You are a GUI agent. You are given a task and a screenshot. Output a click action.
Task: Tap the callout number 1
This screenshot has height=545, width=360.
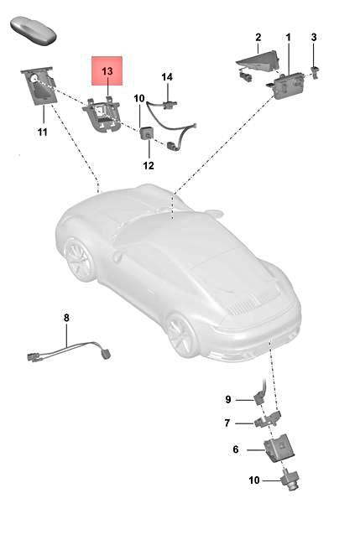288,38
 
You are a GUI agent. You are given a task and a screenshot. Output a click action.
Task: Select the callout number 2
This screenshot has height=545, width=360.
258,38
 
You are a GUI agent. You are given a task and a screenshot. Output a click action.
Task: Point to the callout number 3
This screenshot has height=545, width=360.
314,38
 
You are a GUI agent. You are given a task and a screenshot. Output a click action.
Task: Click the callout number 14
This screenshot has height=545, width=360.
167,77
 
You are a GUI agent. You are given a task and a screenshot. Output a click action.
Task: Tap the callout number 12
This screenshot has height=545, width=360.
149,165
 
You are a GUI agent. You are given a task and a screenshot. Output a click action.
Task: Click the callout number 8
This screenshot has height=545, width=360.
67,318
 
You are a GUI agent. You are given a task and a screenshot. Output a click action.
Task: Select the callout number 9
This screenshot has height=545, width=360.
227,399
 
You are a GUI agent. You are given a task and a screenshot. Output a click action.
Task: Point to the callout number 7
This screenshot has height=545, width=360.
227,423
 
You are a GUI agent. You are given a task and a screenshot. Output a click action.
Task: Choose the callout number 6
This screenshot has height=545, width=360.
236,450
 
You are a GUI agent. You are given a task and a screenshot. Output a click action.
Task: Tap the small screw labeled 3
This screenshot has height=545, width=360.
314,70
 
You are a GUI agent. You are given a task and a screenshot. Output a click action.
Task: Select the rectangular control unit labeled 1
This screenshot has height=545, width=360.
289,84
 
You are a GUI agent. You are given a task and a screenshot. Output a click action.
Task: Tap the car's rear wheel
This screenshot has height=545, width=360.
182,335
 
